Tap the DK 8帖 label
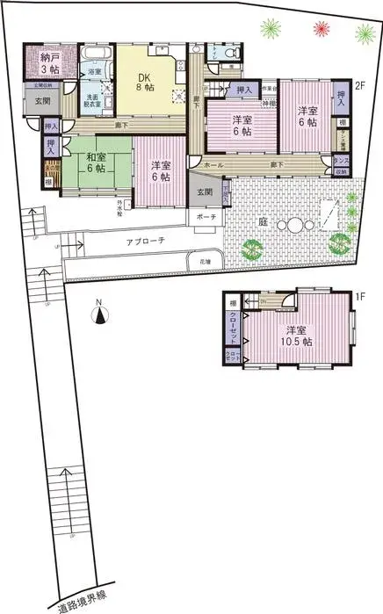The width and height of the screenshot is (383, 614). [x=144, y=81]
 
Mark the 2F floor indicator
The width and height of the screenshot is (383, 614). [x=359, y=86]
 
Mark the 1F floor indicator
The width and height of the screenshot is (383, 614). [x=359, y=297]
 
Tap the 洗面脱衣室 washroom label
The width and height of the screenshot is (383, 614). [x=92, y=98]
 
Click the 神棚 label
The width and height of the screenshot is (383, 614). [x=271, y=104]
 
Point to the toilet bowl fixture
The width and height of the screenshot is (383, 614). [x=230, y=55]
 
